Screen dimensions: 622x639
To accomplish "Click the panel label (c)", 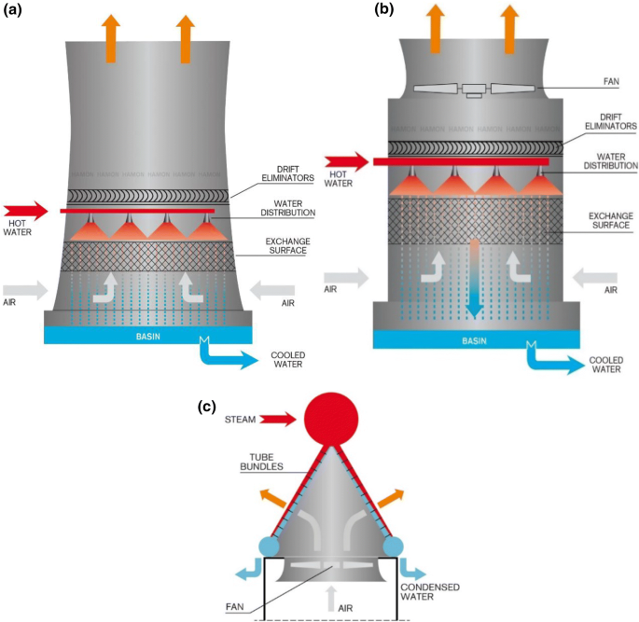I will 210,407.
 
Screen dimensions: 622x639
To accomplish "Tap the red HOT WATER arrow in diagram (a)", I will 24,209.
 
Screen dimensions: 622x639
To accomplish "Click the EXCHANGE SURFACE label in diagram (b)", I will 607,220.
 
